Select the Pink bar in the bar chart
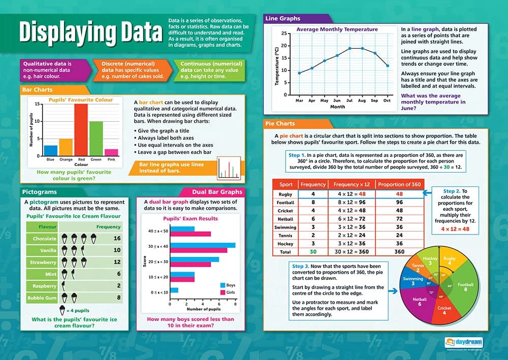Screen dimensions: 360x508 pos(111,152)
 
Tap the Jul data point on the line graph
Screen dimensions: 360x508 pos(350,48)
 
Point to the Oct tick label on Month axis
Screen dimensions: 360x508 pos(387,101)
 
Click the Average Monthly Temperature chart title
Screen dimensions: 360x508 pos(337,29)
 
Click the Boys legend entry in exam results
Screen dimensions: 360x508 pos(229,285)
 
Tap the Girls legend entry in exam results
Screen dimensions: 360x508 pos(229,292)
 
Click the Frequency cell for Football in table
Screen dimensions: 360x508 pos(313,202)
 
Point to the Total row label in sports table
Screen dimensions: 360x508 pos(285,251)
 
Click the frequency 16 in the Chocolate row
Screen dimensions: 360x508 pos(117,238)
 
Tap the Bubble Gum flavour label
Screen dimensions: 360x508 pos(42,298)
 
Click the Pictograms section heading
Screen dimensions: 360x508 pos(40,192)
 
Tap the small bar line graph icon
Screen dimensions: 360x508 pos(228,168)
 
